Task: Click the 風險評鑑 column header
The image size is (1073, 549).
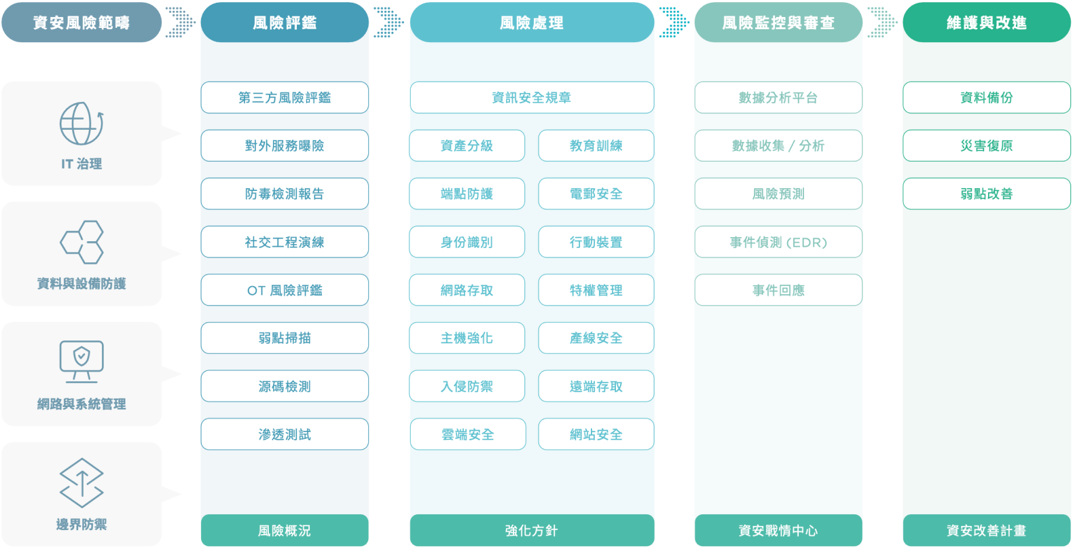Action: click(x=285, y=22)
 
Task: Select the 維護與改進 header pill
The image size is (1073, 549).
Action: click(x=986, y=22)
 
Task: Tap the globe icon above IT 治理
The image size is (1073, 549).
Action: click(x=81, y=124)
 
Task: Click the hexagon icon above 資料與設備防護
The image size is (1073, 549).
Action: click(x=81, y=243)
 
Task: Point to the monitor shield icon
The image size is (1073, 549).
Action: click(x=81, y=361)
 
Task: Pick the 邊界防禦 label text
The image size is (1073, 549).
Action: click(x=81, y=525)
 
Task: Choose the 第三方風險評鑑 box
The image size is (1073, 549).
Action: click(x=285, y=98)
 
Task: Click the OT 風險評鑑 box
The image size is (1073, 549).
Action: click(x=285, y=290)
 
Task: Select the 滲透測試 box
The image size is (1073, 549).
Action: click(x=285, y=434)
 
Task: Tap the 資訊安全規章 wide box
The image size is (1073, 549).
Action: click(x=532, y=98)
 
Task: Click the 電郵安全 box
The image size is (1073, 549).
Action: click(x=596, y=194)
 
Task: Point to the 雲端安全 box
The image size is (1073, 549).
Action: click(x=467, y=434)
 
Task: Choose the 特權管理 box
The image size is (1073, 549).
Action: click(x=596, y=290)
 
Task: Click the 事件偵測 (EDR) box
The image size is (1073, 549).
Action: click(x=778, y=243)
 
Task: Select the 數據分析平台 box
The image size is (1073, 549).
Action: click(x=778, y=98)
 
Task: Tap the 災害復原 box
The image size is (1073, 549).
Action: click(x=986, y=145)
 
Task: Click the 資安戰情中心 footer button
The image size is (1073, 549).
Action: click(x=778, y=531)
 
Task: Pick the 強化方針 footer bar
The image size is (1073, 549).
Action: click(x=532, y=531)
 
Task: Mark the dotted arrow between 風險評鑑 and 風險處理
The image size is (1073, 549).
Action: click(x=388, y=22)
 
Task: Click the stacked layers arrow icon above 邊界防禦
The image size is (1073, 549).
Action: click(x=81, y=483)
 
